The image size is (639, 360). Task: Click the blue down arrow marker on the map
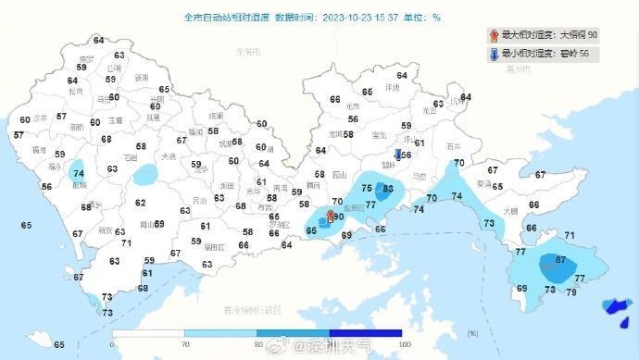pos(398,155)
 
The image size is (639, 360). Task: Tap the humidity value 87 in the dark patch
pos(559,260)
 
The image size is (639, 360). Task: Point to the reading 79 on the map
pos(571,292)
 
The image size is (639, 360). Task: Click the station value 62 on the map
pos(141,203)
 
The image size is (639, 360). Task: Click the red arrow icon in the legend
pos(494,35)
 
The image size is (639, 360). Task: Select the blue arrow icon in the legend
pos(494,54)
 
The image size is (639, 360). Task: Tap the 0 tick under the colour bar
pos(111,344)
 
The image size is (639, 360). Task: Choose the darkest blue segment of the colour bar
pos(366,332)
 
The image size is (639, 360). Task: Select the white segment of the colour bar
pos(148,332)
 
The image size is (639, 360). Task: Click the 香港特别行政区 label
pos(251,308)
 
